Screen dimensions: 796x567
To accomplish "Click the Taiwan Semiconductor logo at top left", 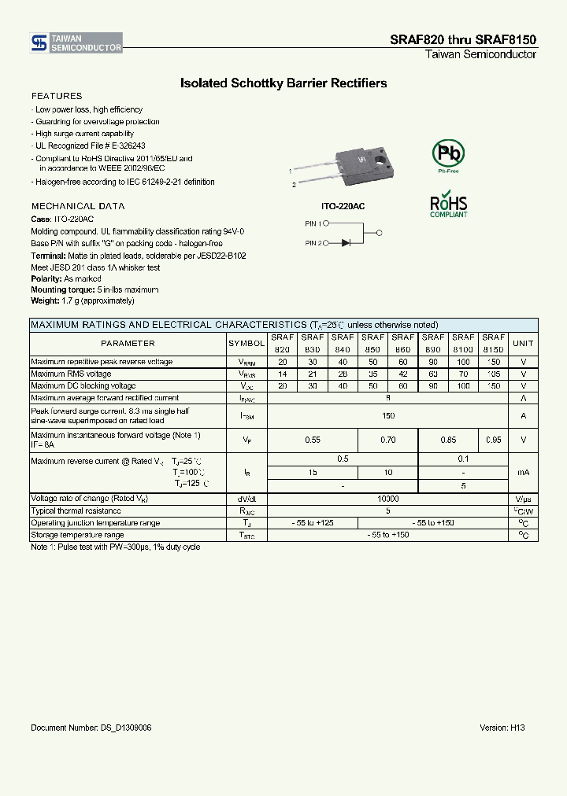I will click(76, 42).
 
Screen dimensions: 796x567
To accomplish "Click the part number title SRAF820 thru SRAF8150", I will click(463, 39).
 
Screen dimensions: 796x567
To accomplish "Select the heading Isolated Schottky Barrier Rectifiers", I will click(283, 83).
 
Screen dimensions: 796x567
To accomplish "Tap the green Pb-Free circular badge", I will click(448, 153).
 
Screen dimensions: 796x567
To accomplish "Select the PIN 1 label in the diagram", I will click(313, 223).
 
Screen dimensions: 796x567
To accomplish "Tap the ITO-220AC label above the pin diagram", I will click(343, 205).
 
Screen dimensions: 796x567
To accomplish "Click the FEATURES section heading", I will click(56, 96).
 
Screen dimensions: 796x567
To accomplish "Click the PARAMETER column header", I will click(128, 343).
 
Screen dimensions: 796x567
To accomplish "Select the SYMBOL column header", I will click(246, 343).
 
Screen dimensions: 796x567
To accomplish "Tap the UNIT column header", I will click(523, 343).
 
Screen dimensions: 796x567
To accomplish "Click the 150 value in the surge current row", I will click(387, 415).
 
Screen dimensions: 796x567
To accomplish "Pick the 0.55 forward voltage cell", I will click(313, 440).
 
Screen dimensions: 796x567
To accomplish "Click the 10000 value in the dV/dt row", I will click(387, 499).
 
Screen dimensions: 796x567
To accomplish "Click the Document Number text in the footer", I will click(91, 728).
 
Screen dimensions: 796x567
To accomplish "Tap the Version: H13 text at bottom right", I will click(502, 728).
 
